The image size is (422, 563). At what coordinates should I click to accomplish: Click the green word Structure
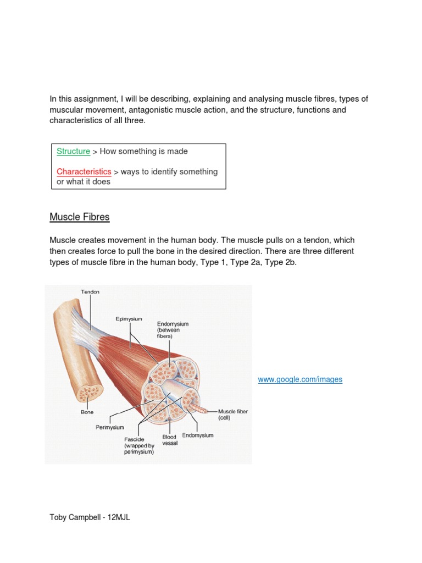click(x=73, y=151)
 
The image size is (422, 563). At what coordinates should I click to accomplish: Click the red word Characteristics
click(x=84, y=172)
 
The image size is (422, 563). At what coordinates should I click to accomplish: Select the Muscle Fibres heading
click(x=80, y=217)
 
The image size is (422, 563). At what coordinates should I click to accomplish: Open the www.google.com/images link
click(x=300, y=379)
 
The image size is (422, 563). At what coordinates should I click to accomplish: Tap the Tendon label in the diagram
click(x=90, y=292)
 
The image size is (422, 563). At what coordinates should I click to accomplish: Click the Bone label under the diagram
click(x=87, y=412)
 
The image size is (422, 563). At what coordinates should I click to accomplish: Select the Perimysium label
click(x=110, y=427)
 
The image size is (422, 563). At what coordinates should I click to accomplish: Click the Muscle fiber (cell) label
click(x=233, y=414)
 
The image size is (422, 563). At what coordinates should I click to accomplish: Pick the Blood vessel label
click(x=170, y=440)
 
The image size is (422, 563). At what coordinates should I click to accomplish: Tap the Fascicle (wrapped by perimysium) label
click(x=138, y=445)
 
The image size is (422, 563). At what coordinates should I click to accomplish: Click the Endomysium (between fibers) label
click(x=173, y=330)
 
